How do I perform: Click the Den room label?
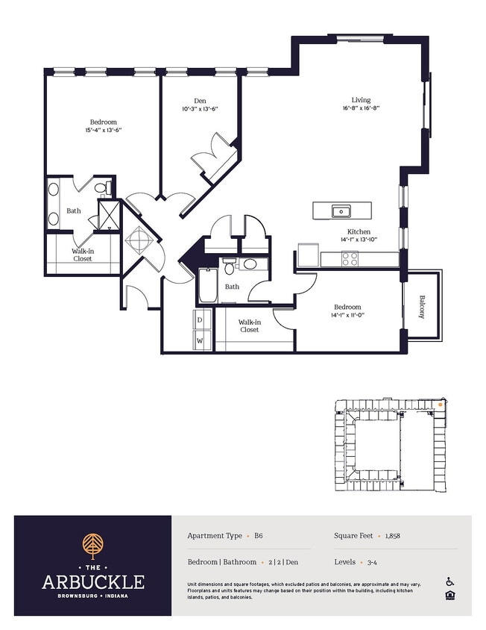point(200,101)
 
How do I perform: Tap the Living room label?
point(361,99)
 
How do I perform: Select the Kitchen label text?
point(359,231)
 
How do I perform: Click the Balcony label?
point(421,307)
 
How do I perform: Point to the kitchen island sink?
point(341,210)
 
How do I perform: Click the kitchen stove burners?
point(349,259)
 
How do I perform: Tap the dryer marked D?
point(200,319)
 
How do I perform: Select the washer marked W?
point(200,341)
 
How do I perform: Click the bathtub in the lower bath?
point(208,285)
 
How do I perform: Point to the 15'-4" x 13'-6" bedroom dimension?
point(103,130)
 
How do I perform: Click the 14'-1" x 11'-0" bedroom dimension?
point(347,315)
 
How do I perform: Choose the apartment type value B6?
point(259,536)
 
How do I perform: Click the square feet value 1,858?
point(393,536)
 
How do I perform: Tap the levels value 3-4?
point(372,562)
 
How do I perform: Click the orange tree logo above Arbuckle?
point(92,546)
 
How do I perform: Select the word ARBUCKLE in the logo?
point(92,581)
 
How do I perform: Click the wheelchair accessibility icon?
point(449,581)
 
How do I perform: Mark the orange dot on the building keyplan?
point(441,405)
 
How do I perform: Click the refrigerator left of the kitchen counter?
point(308,255)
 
